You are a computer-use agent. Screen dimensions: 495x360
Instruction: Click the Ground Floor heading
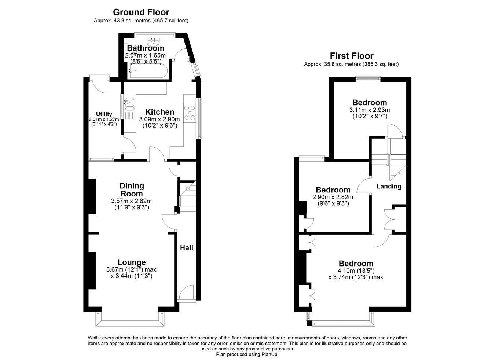[141, 12]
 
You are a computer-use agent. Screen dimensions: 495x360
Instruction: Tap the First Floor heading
[352, 56]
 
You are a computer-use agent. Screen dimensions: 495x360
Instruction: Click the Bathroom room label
[146, 48]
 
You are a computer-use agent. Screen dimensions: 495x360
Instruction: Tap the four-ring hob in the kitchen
[190, 113]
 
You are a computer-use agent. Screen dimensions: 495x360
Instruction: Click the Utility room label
[104, 114]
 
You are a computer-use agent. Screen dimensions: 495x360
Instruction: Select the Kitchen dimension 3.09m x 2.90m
[159, 120]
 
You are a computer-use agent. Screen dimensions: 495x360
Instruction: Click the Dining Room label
[132, 190]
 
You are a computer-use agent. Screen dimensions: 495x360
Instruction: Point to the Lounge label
[132, 262]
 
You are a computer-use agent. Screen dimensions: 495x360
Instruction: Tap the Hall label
[187, 248]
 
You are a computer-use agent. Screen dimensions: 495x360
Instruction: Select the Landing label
[389, 186]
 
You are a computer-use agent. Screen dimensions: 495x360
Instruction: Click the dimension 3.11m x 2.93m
[370, 110]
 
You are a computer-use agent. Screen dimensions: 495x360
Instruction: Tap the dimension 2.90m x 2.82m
[333, 197]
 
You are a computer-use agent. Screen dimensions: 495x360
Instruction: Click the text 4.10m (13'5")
[356, 271]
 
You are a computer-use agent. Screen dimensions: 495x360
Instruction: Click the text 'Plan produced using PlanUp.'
[247, 354]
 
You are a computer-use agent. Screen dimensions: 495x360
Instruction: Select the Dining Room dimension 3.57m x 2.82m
[131, 201]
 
